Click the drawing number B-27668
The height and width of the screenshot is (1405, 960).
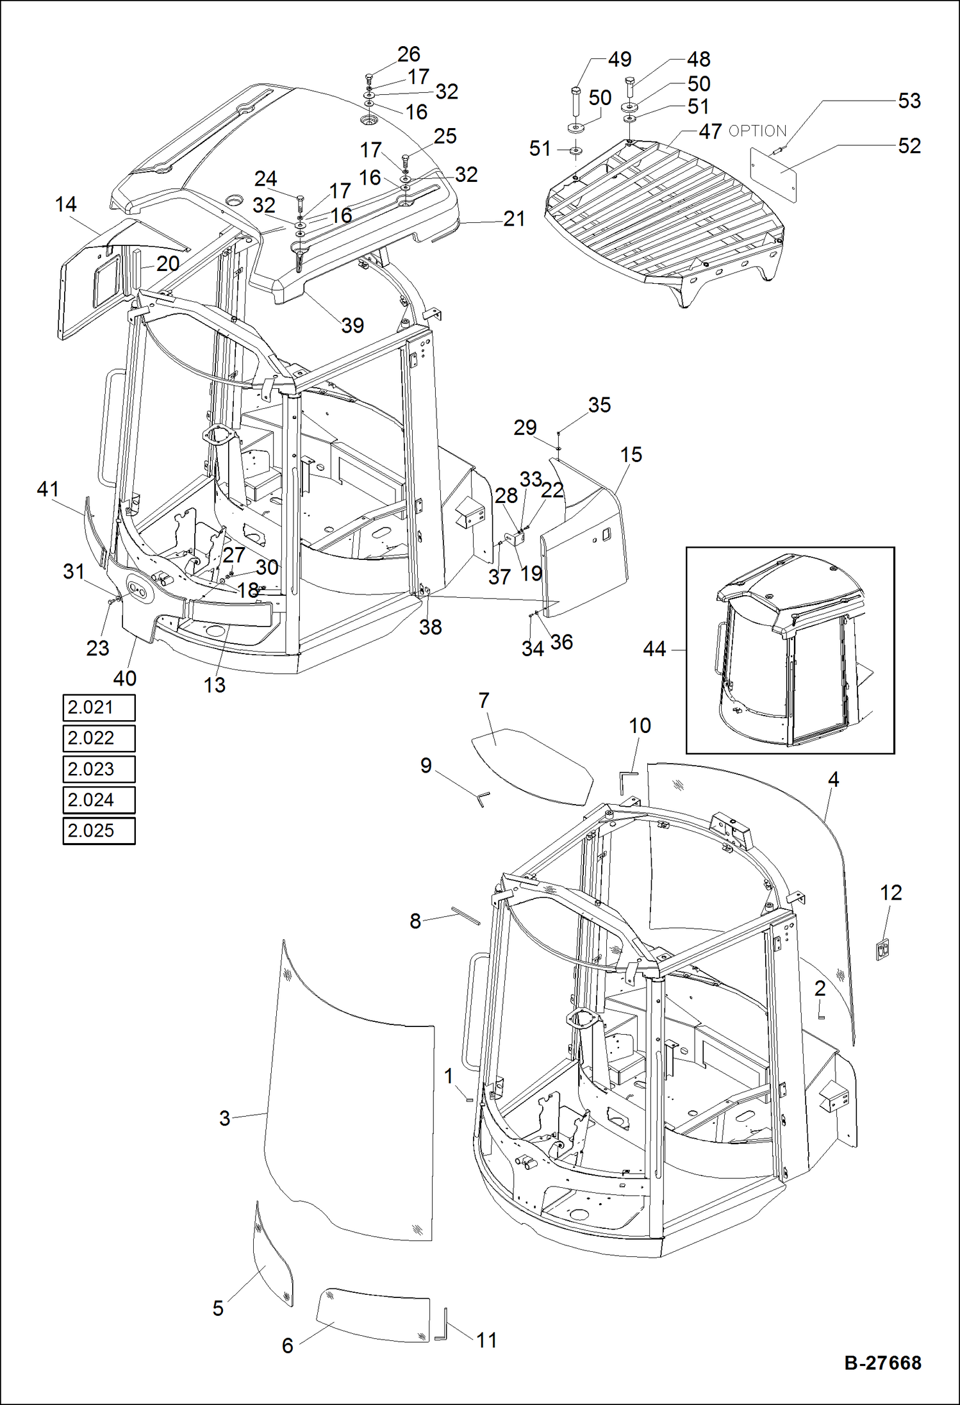click(882, 1363)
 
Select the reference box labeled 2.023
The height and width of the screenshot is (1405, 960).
click(99, 769)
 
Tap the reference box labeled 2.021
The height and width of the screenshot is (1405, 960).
click(99, 707)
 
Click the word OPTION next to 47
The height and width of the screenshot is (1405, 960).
click(757, 131)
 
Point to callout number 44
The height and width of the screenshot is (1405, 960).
click(654, 649)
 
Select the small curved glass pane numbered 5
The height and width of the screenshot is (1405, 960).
click(272, 1256)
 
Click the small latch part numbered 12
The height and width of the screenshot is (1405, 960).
click(882, 949)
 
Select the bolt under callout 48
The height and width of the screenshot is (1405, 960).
click(629, 86)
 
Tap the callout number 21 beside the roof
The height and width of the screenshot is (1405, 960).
click(514, 219)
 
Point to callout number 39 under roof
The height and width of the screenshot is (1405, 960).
click(352, 325)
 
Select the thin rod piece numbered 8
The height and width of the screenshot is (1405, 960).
click(466, 916)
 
